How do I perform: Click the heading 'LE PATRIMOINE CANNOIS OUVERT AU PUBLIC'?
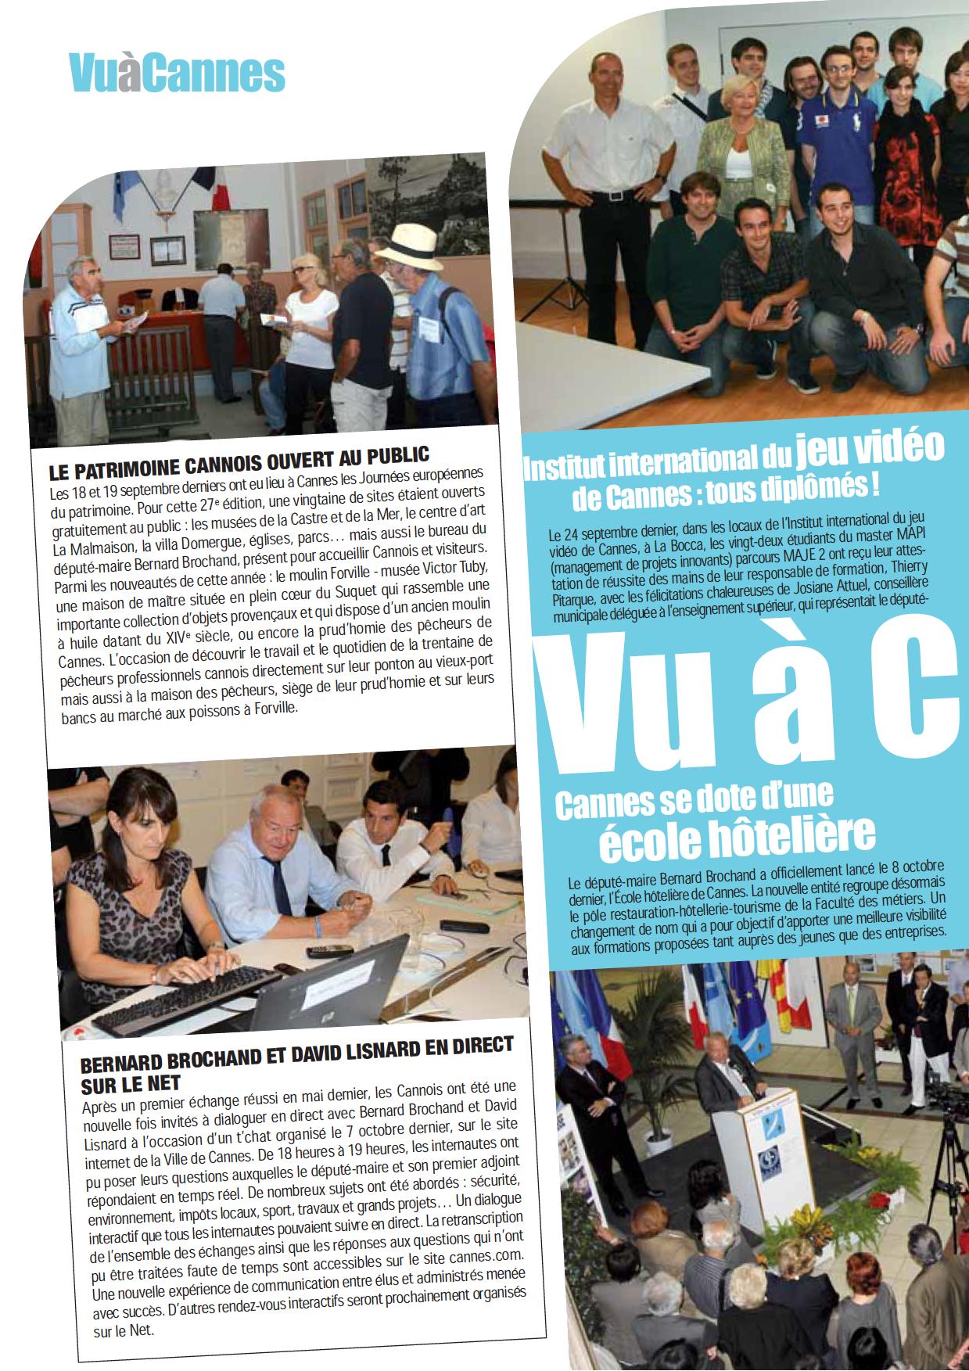(x=239, y=461)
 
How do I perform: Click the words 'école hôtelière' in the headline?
(x=735, y=836)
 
